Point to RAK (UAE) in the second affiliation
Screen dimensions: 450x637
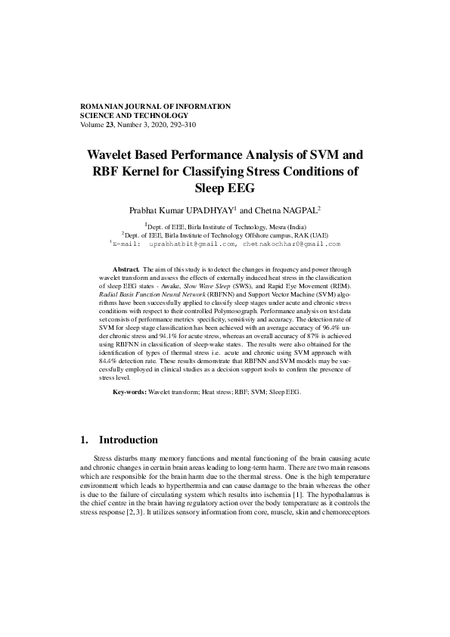pos(308,235)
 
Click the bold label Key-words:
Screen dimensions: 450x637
pos(129,393)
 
